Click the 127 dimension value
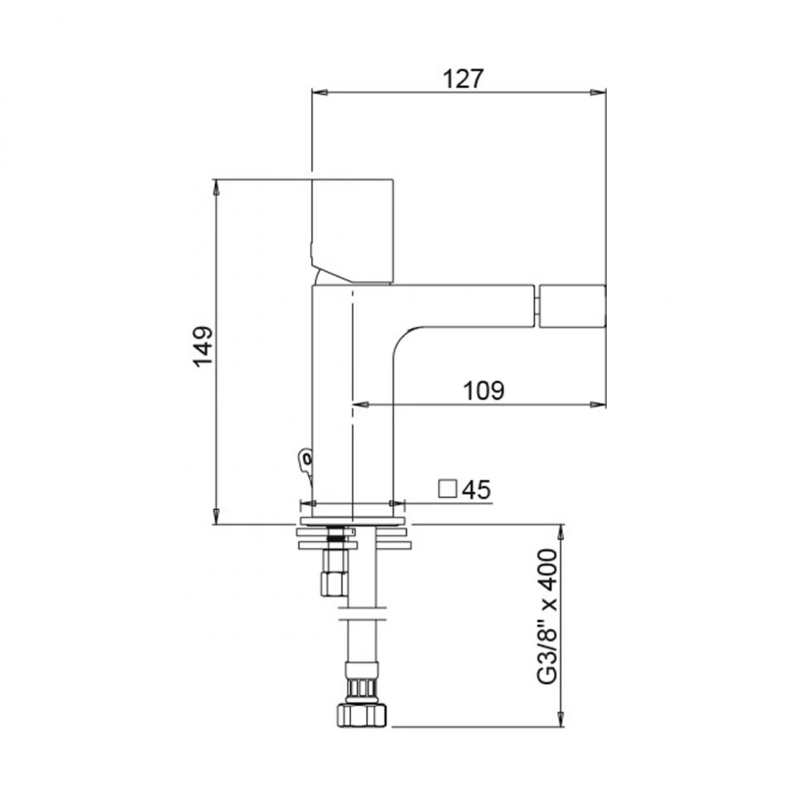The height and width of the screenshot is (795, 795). (x=463, y=79)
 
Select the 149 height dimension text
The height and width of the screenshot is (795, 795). (x=203, y=347)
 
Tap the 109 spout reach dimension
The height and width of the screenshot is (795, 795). (x=484, y=390)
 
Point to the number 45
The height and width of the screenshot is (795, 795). (x=476, y=489)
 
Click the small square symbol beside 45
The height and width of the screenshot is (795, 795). (x=447, y=489)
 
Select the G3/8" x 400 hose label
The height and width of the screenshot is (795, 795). (x=547, y=616)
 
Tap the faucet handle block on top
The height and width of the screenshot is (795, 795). (x=353, y=230)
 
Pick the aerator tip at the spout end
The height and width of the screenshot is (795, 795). (x=572, y=306)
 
